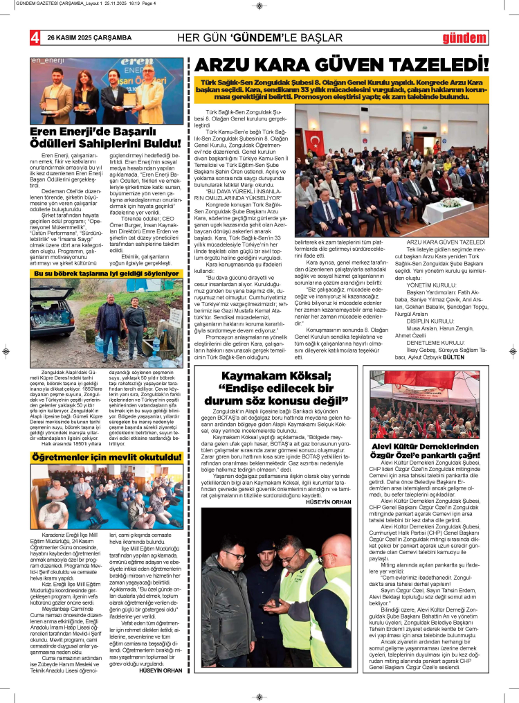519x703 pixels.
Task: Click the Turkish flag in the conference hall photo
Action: [x=315, y=142]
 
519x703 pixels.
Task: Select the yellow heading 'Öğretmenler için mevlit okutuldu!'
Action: [x=102, y=457]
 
